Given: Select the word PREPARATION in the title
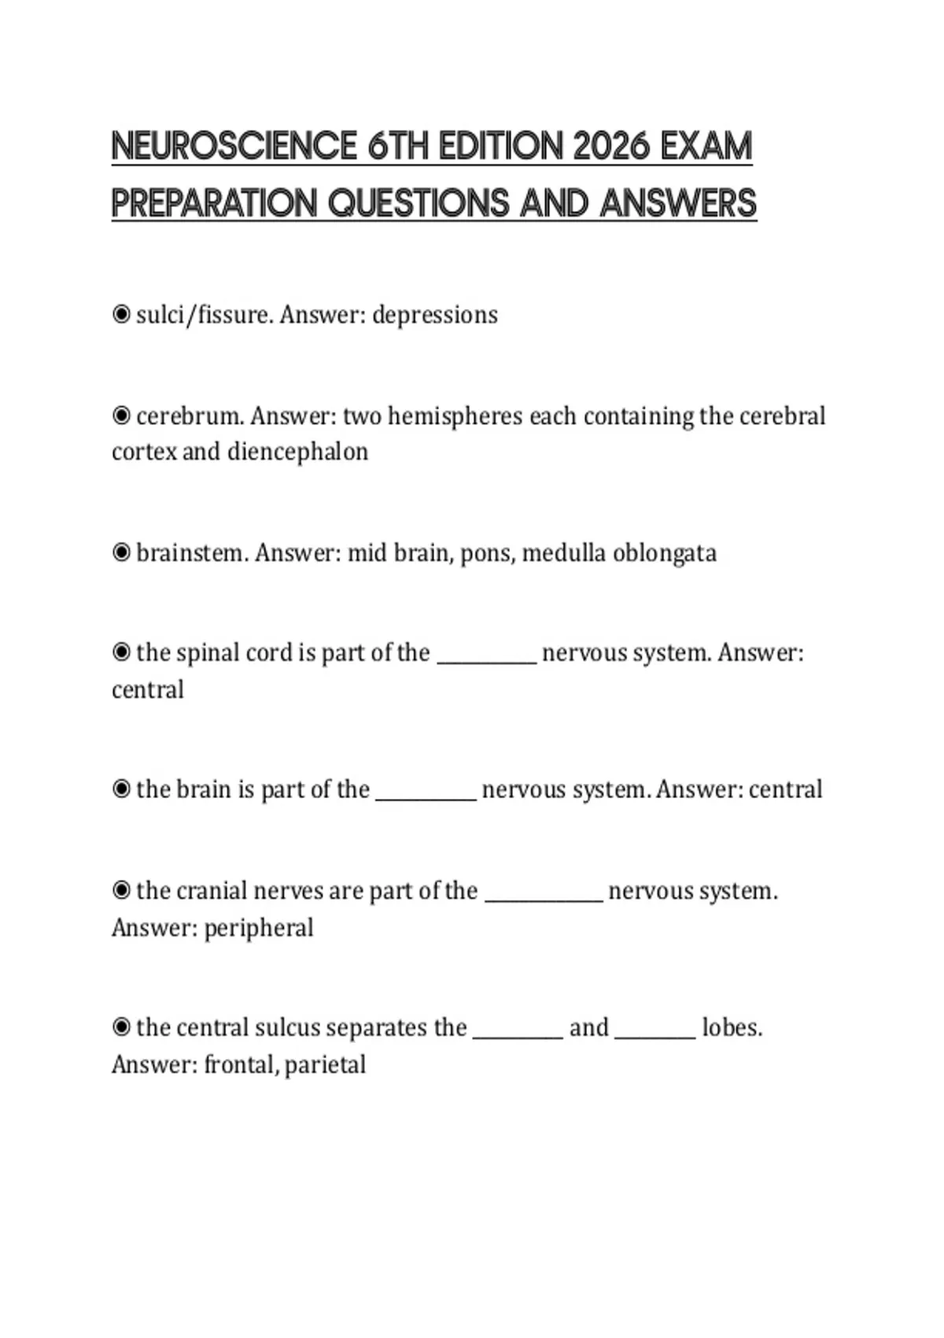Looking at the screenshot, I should [x=213, y=203].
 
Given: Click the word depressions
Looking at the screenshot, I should [x=434, y=315].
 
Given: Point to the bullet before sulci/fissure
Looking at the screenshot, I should [x=121, y=315].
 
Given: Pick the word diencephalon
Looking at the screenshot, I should [x=297, y=452].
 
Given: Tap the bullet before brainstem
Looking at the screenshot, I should [x=121, y=553].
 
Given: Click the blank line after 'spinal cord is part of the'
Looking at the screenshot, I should [x=486, y=660].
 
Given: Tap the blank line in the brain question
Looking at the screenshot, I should [x=426, y=796].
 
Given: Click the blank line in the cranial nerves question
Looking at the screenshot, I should [x=544, y=897].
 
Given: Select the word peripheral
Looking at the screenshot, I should [x=259, y=928].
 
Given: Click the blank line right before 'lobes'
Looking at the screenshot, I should [x=655, y=1034].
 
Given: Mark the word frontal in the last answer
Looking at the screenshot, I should [x=238, y=1065].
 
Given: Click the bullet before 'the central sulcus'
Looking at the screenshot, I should [x=121, y=1027].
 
